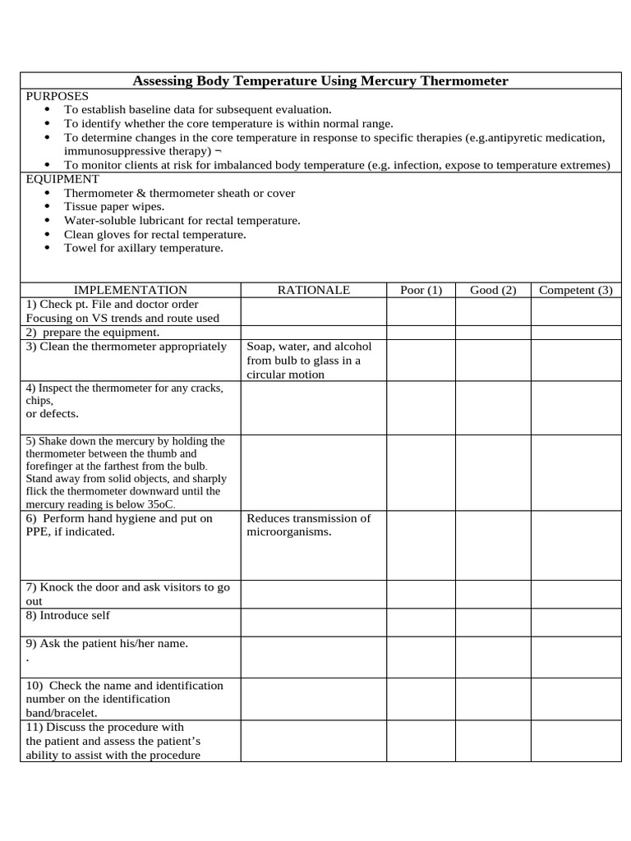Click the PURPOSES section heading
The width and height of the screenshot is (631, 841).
click(x=57, y=95)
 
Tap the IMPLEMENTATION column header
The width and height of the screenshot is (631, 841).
click(x=131, y=290)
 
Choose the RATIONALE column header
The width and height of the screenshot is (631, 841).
click(x=313, y=290)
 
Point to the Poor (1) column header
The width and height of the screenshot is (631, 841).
click(x=421, y=290)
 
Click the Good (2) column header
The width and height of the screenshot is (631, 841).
click(x=493, y=290)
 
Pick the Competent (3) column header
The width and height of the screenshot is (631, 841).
click(x=575, y=290)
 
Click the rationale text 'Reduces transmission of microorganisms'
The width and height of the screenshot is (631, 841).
click(x=309, y=525)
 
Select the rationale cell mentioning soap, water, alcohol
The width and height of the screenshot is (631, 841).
click(x=309, y=361)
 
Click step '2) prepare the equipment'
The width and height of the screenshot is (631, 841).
click(x=93, y=333)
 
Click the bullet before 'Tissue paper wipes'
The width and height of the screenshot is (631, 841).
click(x=46, y=207)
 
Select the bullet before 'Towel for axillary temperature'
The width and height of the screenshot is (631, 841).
click(x=46, y=248)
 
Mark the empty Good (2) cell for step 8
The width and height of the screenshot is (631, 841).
click(x=493, y=622)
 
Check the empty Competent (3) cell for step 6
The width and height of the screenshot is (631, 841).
click(x=575, y=545)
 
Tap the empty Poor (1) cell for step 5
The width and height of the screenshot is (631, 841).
click(x=421, y=472)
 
